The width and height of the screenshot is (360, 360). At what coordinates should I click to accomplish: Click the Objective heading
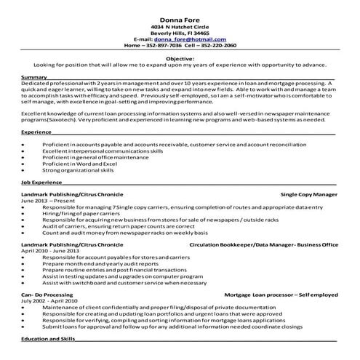[180, 57]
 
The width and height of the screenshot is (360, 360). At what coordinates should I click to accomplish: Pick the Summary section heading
[34, 76]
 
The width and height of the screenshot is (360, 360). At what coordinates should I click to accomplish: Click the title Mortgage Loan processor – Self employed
[281, 294]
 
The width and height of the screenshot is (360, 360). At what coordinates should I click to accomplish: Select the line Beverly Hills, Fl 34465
[180, 33]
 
